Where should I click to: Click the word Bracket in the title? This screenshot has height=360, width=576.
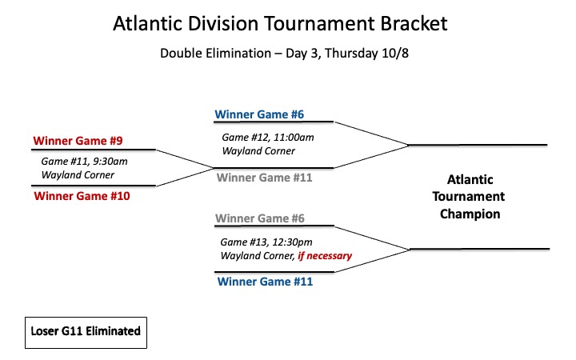coord(414,23)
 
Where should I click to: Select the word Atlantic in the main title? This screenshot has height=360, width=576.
coord(148,23)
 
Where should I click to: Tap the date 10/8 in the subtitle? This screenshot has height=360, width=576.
coord(395,54)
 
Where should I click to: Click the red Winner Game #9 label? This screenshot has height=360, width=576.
coord(78,141)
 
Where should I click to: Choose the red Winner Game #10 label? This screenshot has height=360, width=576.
coord(82,196)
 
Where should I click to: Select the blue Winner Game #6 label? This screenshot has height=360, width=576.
coord(259,114)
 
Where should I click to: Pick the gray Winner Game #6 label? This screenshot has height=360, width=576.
coord(260,218)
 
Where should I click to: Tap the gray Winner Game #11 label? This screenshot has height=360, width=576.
coord(265,178)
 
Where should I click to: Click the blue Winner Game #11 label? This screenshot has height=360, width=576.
coord(266,282)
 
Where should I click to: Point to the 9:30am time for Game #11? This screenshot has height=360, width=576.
coord(110,162)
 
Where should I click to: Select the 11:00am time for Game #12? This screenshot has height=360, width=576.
coord(294,138)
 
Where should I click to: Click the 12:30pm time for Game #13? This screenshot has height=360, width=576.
coord(292,242)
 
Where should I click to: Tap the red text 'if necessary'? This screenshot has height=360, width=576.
coord(325,256)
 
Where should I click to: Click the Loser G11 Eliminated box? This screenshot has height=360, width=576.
coord(86,333)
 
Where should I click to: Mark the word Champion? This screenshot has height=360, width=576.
coord(470,214)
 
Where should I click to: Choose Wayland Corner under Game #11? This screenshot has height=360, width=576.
coord(78,175)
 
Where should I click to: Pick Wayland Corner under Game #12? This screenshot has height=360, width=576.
coord(258,151)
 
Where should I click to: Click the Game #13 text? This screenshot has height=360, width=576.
coord(243,242)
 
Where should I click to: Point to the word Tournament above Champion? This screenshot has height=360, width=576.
coord(469,197)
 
